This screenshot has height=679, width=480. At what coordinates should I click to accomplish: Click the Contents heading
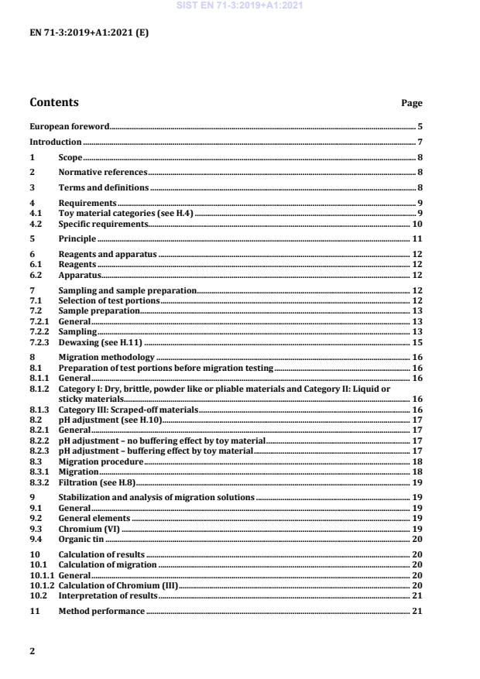(53, 102)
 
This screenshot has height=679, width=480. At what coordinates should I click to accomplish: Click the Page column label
(412, 103)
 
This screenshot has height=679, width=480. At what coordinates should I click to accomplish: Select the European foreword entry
(69, 125)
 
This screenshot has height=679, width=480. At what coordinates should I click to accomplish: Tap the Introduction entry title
(55, 142)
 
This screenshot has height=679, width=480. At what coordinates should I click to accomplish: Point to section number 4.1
(35, 211)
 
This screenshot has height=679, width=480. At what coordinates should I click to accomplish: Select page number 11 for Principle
(417, 238)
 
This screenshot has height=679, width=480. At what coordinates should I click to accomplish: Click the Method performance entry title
(101, 612)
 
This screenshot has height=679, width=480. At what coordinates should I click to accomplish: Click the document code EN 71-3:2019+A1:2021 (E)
(78, 33)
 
